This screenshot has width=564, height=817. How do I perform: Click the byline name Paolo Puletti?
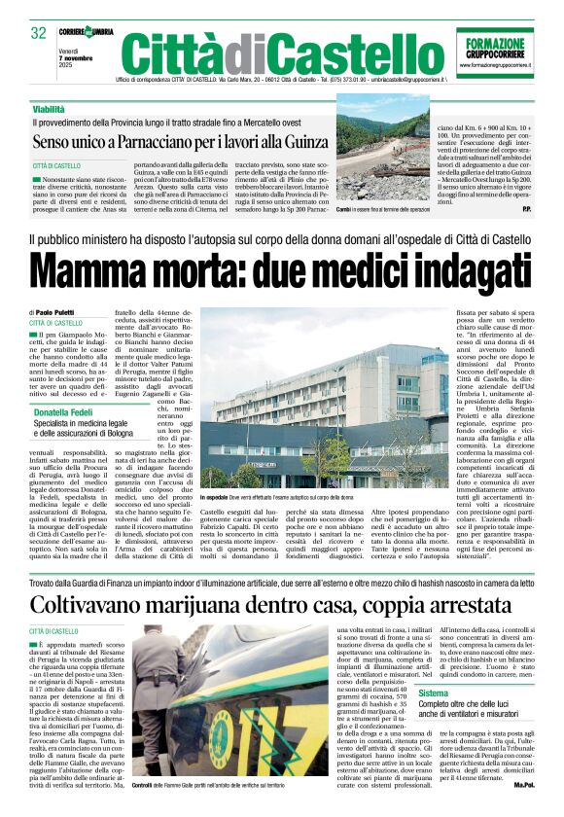coord(61,311)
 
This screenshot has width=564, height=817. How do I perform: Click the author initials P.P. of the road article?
coord(525,208)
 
